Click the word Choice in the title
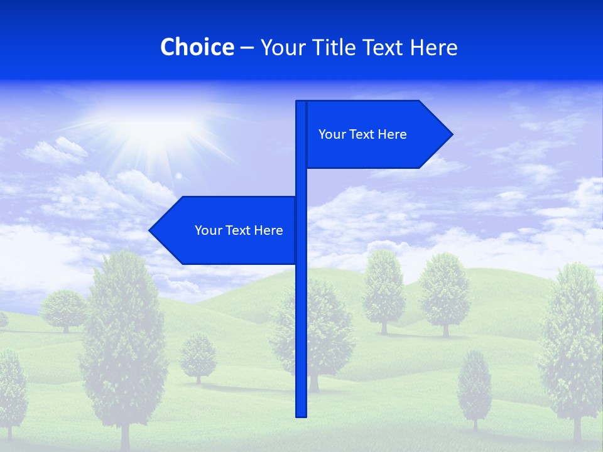(x=197, y=47)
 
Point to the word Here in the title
(x=434, y=47)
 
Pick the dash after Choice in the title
(x=247, y=48)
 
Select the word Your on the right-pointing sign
(x=332, y=134)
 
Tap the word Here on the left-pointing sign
(x=268, y=230)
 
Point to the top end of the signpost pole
(x=301, y=103)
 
